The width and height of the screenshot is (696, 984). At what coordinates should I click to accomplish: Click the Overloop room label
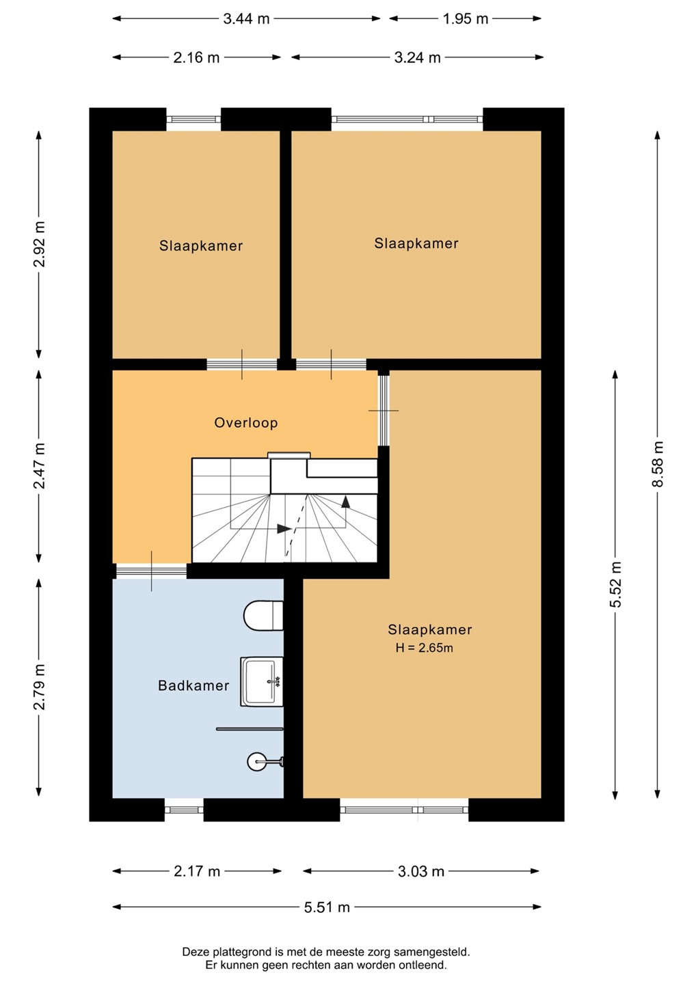245,422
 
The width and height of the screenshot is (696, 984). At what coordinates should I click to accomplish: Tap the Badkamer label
193,685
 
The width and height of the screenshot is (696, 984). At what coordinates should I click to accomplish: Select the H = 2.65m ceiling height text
424,648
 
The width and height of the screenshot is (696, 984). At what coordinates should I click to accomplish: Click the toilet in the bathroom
263,616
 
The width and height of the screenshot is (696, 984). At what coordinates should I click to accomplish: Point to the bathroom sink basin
262,681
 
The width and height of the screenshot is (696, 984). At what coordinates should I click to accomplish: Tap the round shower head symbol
256,761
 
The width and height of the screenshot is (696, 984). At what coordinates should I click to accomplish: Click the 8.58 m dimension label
658,464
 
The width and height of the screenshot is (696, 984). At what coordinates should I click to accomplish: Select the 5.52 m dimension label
615,584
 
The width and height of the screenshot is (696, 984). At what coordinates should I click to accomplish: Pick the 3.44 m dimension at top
246,19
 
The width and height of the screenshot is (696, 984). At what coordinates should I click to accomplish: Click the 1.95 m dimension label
466,19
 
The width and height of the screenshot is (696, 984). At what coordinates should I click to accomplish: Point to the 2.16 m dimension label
196,57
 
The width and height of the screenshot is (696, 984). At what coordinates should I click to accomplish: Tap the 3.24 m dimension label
418,57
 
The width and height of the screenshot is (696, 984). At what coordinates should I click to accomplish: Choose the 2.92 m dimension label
39,244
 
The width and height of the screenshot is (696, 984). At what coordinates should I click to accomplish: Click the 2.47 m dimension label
39,465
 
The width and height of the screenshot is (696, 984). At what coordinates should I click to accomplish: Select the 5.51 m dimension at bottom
327,907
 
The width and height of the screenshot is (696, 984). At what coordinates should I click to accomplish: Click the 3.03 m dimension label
421,871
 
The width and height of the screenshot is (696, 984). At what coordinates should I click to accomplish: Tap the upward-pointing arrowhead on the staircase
346,502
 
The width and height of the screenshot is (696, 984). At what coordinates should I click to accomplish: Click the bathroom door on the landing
152,571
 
